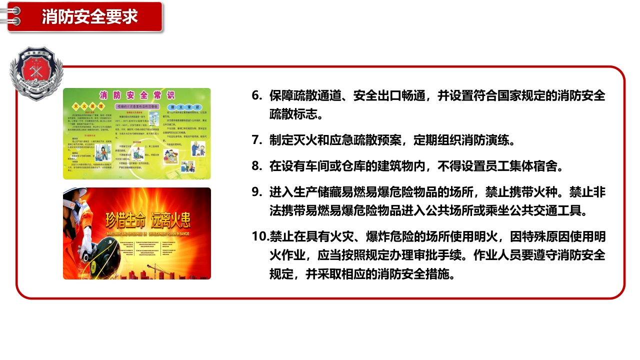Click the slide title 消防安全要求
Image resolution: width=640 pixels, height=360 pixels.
(x=89, y=16)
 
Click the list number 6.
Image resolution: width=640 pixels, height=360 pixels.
(x=256, y=95)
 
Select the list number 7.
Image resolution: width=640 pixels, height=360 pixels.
(x=256, y=139)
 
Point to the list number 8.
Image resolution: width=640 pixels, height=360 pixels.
(x=256, y=165)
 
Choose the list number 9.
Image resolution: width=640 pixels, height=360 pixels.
(x=256, y=192)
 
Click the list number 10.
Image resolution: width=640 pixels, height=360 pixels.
(x=259, y=236)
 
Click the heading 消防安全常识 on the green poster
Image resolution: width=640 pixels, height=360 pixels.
(x=136, y=95)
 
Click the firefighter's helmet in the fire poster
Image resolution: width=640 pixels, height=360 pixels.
(x=75, y=200)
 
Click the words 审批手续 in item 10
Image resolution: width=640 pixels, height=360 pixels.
(x=437, y=254)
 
